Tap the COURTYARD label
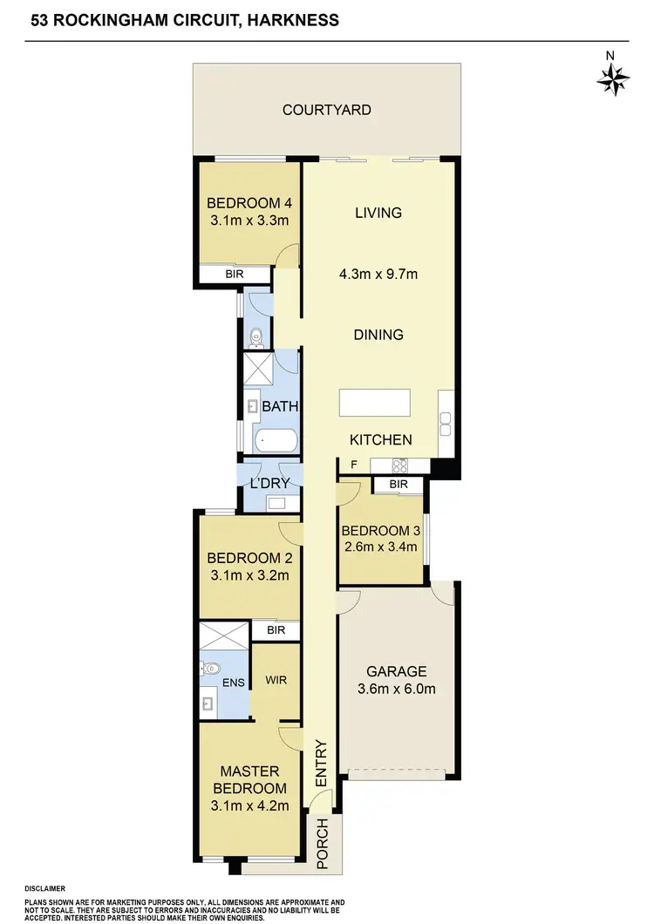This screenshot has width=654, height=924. pos(327,110)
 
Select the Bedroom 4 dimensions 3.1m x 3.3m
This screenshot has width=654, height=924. pos(249,221)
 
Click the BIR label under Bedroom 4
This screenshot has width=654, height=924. pos(235,274)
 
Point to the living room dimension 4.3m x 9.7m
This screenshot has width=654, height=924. pos(378,274)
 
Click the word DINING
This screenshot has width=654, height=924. pos(378,335)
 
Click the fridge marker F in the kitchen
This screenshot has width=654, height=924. pos(353,465)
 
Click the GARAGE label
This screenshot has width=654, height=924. pos(397,671)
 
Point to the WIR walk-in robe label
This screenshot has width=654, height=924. pos(276,679)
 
